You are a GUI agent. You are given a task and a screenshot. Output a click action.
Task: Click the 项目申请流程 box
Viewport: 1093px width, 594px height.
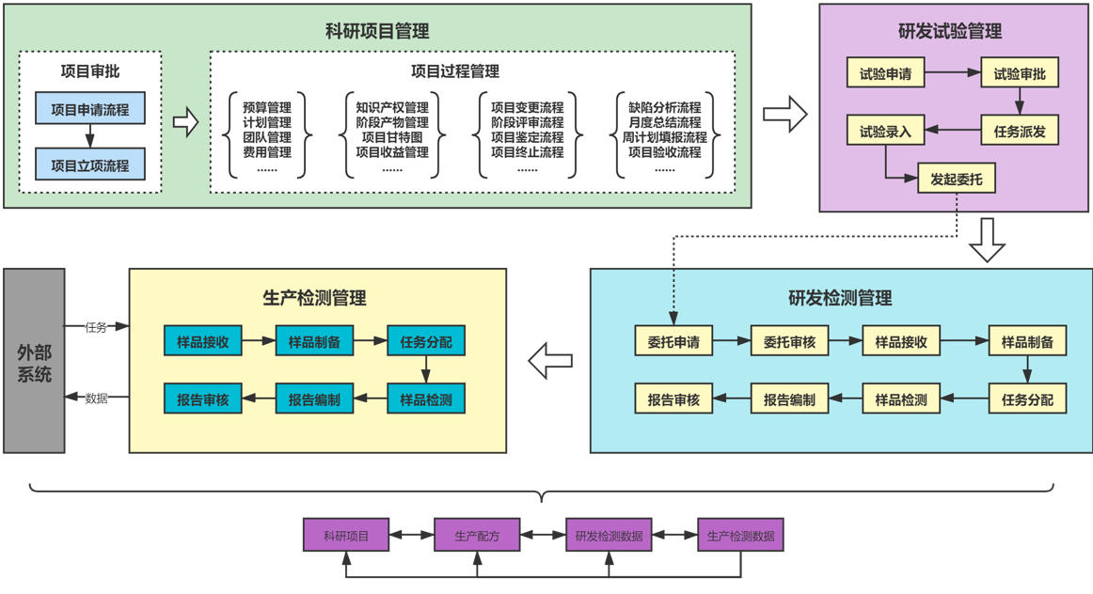90,108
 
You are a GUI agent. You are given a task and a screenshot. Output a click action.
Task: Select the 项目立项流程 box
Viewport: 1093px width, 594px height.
90,165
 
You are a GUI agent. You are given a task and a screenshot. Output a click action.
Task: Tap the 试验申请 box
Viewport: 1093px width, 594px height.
886,73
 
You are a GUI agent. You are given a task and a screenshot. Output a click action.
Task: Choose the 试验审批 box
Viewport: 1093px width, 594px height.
1020,73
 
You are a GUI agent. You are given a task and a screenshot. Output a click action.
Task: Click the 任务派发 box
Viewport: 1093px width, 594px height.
1020,132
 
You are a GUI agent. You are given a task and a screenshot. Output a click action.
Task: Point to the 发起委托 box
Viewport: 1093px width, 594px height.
956,178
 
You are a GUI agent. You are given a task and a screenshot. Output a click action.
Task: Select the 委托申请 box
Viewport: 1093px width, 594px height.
673,341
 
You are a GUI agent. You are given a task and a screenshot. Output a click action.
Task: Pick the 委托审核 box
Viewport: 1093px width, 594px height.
788,341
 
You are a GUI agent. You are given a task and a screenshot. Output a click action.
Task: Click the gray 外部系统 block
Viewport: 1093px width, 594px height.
34,361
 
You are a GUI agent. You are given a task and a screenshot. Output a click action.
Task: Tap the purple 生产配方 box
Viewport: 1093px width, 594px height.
477,536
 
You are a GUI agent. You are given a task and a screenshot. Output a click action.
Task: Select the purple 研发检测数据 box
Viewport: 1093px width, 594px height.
609,536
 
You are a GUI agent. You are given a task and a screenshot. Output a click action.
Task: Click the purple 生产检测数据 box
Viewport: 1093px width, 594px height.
740,536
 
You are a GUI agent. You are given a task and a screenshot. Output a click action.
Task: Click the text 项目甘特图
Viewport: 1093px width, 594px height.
392,137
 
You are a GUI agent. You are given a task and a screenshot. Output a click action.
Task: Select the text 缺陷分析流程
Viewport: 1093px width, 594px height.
664,107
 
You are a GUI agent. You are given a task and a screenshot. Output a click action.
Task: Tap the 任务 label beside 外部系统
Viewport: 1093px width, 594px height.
96,327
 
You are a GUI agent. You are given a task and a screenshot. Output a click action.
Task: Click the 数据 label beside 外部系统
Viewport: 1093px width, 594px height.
96,399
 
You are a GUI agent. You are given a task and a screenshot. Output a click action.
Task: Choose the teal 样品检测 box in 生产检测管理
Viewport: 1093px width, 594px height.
426,399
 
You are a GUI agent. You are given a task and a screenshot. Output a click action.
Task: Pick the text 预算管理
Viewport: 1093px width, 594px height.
267,107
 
